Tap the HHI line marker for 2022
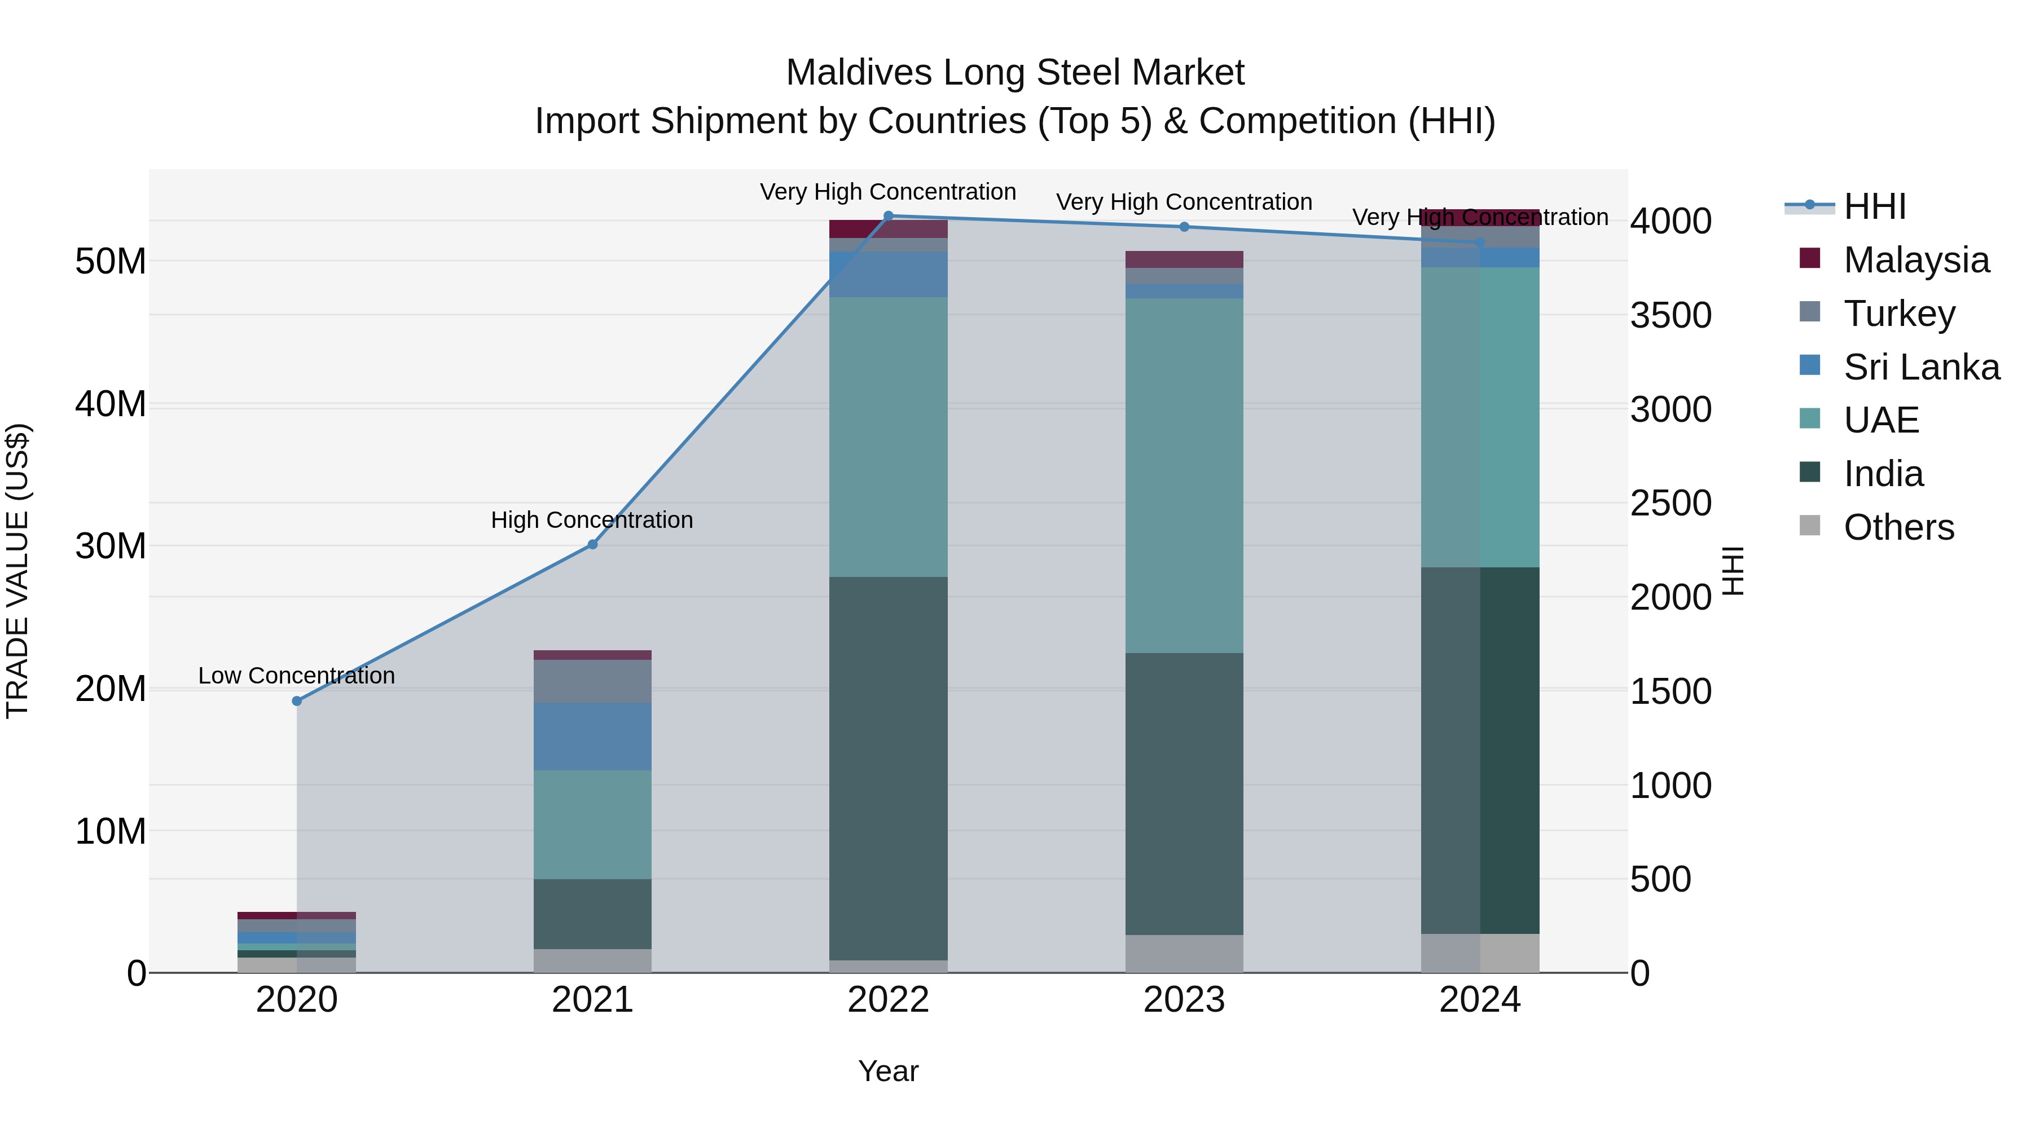coord(889,216)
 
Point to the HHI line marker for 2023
coord(1184,227)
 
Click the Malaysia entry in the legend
coord(1916,259)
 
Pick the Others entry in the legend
coord(1898,527)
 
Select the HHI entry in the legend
coord(1874,206)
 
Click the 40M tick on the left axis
coord(111,404)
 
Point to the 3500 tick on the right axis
coord(1670,315)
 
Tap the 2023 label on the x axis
coord(1184,1000)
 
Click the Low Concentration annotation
coord(296,676)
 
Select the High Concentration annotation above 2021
coord(592,520)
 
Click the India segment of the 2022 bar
coord(889,769)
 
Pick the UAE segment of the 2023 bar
coord(1184,475)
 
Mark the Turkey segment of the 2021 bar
coord(593,681)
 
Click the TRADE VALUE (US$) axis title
coord(17,571)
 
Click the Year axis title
coord(889,1071)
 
